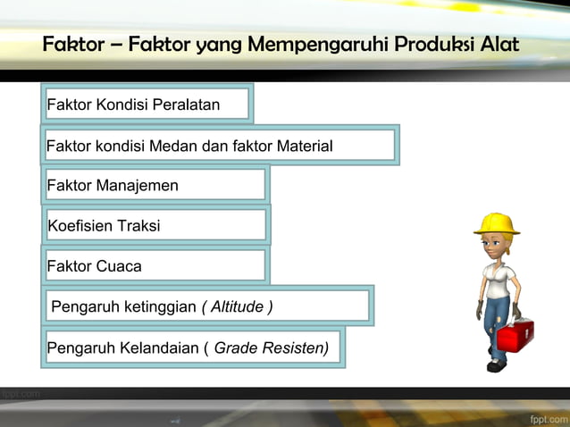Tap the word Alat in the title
tap(499, 44)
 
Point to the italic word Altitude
tap(237, 306)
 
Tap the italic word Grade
tap(238, 347)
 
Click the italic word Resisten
tap(297, 347)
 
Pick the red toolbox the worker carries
tap(515, 334)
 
